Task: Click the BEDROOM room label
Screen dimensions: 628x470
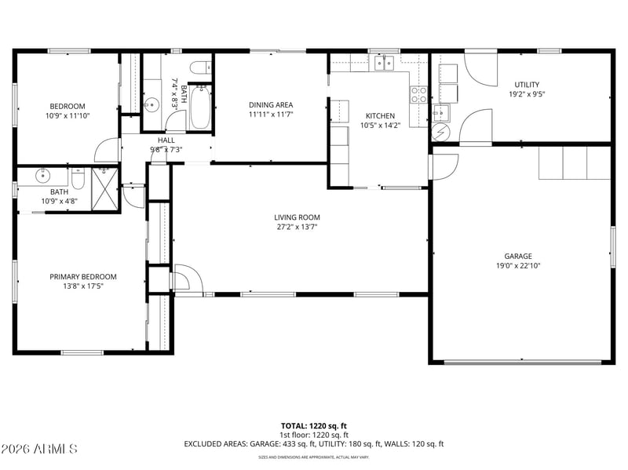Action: pos(68,106)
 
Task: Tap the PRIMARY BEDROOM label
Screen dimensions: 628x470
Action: pos(83,277)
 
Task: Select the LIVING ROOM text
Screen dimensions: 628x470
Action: pos(297,217)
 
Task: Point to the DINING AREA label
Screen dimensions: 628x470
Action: pos(271,105)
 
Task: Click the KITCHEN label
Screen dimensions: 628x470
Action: pos(380,115)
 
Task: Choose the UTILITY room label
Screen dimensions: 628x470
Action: pos(527,85)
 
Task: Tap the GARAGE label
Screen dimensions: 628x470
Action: pos(518,256)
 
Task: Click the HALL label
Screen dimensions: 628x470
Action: pos(166,140)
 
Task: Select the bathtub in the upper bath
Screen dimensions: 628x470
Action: pos(200,107)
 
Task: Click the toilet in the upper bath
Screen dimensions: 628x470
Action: pos(201,67)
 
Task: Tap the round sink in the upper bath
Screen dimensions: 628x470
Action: pos(152,105)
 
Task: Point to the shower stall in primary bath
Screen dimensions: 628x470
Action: pos(105,189)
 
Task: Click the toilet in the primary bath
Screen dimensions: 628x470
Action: pos(78,179)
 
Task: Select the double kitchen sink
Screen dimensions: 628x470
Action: pos(384,63)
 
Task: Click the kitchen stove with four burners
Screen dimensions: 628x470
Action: pos(418,95)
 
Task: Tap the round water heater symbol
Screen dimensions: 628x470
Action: pos(441,132)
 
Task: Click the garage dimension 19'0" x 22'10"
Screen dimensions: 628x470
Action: pos(518,265)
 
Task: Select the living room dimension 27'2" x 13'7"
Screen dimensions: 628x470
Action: pos(297,227)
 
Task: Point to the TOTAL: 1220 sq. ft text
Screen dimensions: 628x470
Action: pos(313,426)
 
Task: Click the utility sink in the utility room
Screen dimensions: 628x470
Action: pos(441,112)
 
